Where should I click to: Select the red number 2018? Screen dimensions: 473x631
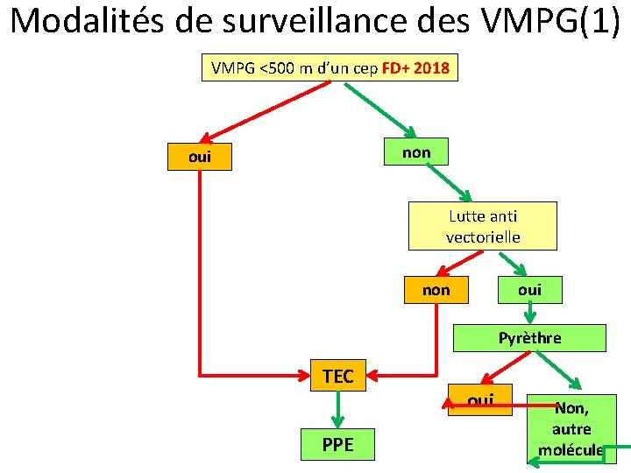coord(434,69)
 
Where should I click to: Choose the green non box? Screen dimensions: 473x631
coord(416,152)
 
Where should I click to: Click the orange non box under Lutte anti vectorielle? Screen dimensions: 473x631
coord(436,290)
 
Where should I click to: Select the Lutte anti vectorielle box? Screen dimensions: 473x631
coord(482,226)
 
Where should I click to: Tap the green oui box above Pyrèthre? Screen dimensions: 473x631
coord(529,289)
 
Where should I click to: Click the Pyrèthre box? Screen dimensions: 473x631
coord(529,337)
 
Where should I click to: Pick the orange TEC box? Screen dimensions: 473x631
coord(337,376)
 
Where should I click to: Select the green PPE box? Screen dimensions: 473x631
coord(337,444)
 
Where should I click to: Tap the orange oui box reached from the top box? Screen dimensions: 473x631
coord(200,158)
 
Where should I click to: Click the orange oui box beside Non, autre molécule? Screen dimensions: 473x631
coord(480,400)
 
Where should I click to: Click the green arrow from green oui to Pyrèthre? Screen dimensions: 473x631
coord(529,313)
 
